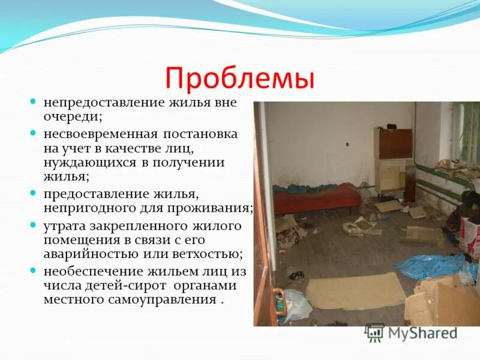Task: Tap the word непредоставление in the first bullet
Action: point(98,102)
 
